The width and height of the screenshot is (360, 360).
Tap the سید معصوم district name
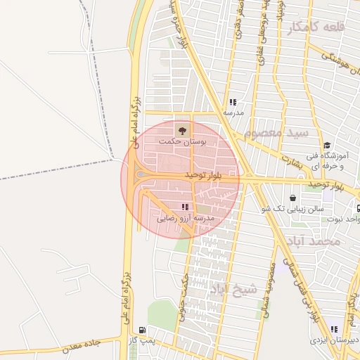pos(277,132)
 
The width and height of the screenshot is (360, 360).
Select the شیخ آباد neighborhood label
pos(226,288)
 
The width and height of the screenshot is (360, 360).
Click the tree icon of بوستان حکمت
pos(181,129)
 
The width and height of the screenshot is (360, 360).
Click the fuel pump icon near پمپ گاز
pos(143,329)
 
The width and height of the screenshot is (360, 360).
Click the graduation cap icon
pos(327,145)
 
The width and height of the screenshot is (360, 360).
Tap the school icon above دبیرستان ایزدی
pos(335,328)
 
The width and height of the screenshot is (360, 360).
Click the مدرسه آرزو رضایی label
pos(184,219)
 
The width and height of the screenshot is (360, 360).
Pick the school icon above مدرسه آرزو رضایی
pos(185,207)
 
